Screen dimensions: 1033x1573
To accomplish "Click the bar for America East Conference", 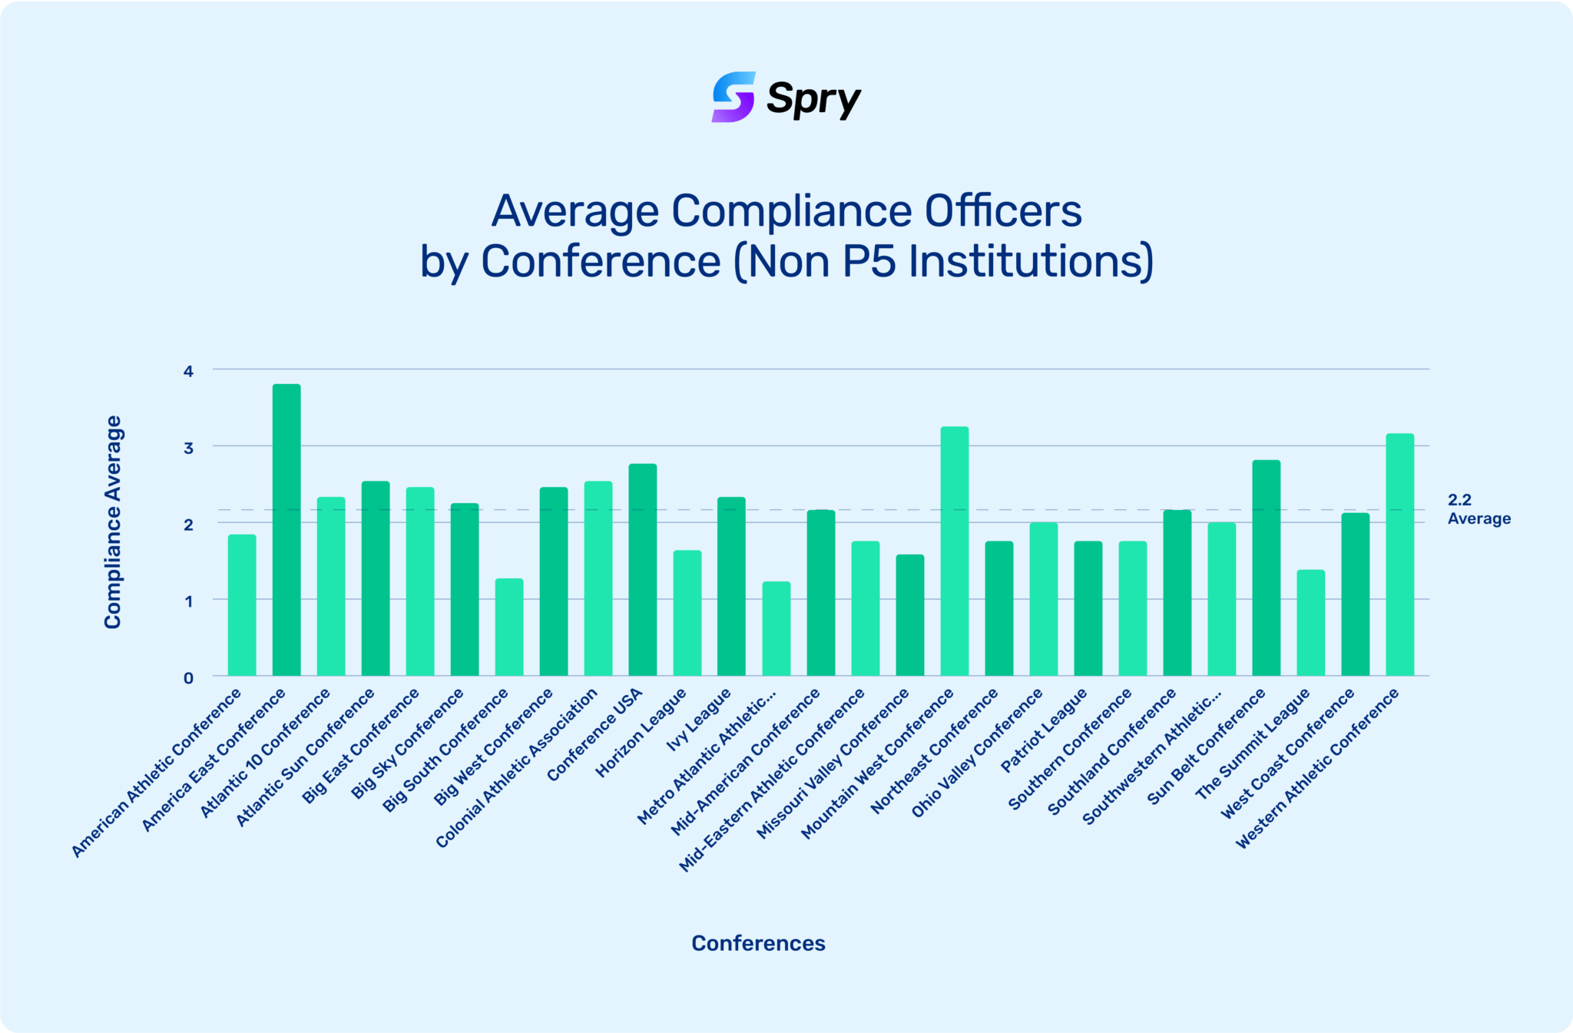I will click(286, 530).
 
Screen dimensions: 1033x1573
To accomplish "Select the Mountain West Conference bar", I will click(955, 551).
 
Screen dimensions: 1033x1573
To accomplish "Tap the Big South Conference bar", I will click(508, 627).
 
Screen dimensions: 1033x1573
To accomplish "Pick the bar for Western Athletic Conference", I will click(1399, 555).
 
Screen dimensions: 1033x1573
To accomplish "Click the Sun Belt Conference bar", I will click(1266, 568).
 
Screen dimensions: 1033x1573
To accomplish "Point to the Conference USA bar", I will click(642, 569).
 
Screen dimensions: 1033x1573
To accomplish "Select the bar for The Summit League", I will click(1310, 622).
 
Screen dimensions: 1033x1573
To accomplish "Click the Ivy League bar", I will click(731, 586).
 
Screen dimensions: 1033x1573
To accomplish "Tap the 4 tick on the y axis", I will click(188, 371).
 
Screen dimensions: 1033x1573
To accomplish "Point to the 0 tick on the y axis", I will click(188, 677).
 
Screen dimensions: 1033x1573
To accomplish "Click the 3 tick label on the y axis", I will click(188, 448).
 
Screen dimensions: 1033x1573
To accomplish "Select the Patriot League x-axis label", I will click(1045, 730).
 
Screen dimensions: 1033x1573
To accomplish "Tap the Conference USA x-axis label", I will click(595, 735).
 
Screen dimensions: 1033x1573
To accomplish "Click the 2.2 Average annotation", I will click(1479, 509).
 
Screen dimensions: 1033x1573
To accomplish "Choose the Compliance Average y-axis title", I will click(113, 522).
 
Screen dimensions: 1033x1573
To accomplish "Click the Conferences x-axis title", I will click(758, 943).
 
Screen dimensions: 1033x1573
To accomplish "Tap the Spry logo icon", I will click(733, 98).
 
